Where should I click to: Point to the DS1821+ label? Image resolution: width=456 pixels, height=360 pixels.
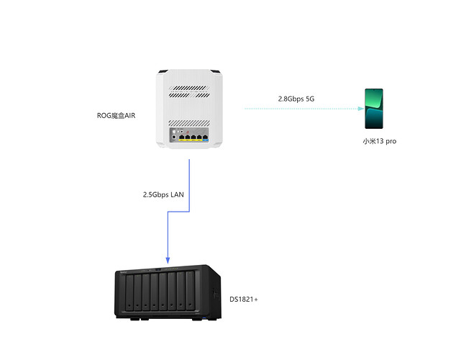[x=244, y=298]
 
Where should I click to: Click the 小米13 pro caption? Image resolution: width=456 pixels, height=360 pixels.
[x=379, y=142]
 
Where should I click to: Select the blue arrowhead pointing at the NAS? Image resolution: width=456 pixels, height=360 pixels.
[x=168, y=259]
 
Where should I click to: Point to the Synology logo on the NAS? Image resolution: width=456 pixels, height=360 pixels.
[x=124, y=274]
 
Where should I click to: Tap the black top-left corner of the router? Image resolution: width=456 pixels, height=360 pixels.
[x=163, y=71]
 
